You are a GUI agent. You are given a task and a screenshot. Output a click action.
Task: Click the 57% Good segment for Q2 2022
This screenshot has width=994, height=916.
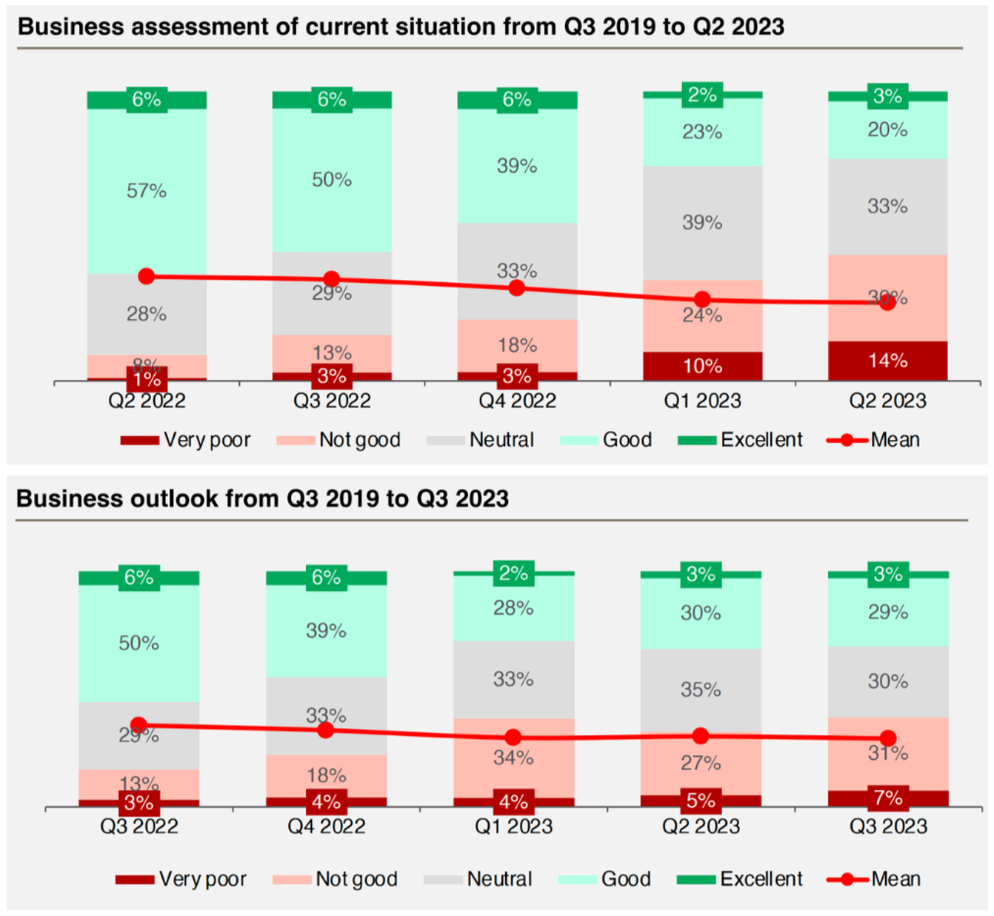coord(147,191)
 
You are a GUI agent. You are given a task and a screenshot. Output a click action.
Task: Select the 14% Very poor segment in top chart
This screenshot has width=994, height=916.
coord(887,361)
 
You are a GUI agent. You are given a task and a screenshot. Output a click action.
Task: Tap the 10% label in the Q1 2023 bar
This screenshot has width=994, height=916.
coord(702,366)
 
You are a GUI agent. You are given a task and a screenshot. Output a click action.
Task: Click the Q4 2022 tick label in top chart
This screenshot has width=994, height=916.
coord(517,401)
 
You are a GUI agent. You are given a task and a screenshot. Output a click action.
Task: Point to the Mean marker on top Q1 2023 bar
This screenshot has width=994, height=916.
coord(702,299)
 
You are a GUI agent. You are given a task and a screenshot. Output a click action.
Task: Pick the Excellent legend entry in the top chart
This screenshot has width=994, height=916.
coord(741,440)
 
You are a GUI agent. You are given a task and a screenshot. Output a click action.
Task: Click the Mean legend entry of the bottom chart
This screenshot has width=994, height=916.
coord(874,879)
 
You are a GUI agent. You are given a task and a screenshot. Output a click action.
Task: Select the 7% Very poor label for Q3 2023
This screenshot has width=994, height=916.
coord(888,798)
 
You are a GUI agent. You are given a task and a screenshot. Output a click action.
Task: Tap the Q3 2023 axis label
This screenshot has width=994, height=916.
coord(888,826)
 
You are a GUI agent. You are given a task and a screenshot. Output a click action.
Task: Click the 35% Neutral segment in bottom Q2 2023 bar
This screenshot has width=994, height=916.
coord(701,689)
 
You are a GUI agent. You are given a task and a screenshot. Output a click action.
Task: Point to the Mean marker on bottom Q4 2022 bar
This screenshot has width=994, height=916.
coord(326,730)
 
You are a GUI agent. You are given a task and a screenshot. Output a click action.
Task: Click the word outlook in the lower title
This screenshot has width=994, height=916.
coord(174,498)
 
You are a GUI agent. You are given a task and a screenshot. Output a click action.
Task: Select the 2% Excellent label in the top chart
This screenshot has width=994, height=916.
coord(702,95)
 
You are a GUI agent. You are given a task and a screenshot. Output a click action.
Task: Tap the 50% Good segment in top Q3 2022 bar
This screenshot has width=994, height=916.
coord(332,180)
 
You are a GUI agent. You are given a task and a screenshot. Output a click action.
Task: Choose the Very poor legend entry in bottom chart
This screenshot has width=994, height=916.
coord(181,879)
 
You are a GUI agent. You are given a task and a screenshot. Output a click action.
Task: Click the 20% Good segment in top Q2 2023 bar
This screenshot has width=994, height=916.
coord(887,130)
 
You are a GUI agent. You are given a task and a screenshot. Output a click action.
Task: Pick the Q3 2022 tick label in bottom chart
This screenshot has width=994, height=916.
coord(139,826)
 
